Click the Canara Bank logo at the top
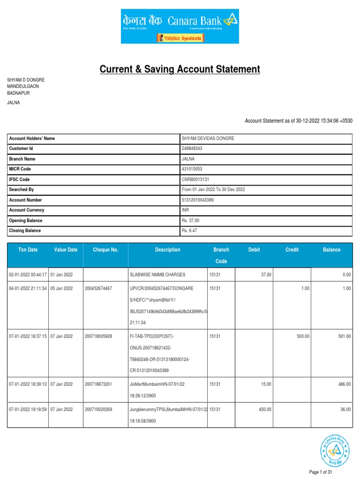180,26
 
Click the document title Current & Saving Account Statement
180,69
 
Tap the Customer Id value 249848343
192,149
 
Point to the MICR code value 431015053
192,169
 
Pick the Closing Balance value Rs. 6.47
190,231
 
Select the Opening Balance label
26,221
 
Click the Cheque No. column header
105,250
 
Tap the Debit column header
254,250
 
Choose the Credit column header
292,250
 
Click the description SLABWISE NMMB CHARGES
157,274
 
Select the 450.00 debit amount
265,410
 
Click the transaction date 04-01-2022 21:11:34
28,289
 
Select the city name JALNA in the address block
14,102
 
